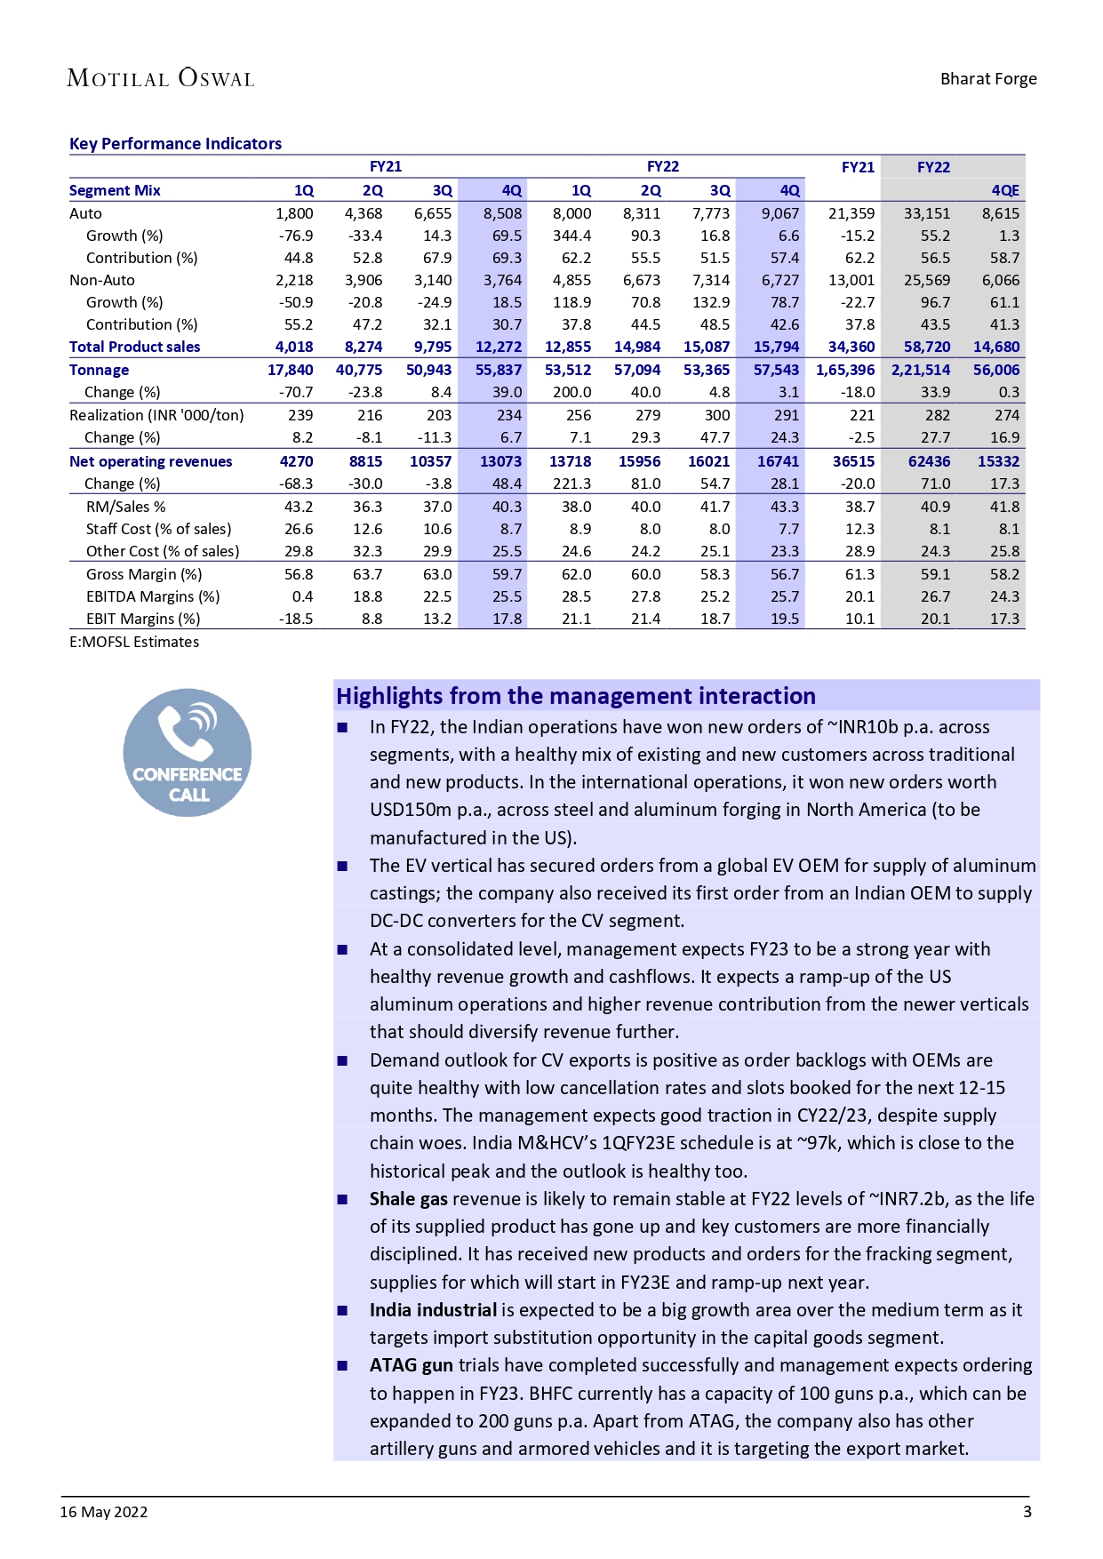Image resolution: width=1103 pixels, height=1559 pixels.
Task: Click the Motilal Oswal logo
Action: [161, 78]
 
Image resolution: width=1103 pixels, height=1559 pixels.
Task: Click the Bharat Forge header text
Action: [988, 79]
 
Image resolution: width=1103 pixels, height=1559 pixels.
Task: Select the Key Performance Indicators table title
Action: [175, 144]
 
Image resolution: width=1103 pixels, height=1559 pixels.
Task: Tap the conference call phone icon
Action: [188, 752]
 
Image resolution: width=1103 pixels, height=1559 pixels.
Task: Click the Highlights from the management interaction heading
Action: [575, 696]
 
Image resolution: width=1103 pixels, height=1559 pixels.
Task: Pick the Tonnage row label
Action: [99, 370]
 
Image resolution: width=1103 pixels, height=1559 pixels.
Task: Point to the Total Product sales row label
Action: [134, 347]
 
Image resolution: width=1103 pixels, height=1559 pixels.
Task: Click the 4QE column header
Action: [1005, 190]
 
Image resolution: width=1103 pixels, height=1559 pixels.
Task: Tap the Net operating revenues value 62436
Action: [929, 461]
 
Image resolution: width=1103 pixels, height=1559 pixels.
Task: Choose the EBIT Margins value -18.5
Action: [296, 619]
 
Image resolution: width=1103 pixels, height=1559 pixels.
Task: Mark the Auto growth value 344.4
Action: [571, 236]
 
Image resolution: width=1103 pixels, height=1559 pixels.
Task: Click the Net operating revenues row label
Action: [150, 461]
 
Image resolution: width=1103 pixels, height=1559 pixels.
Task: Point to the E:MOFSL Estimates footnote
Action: [134, 642]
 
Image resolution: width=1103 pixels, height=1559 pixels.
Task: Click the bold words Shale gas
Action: [409, 1199]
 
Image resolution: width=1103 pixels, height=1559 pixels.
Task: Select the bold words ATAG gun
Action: [412, 1365]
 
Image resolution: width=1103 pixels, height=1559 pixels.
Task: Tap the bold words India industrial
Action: [433, 1310]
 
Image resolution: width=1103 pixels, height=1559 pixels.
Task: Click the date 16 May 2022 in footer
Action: [104, 1512]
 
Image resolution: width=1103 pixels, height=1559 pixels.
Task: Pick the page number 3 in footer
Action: [1027, 1512]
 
